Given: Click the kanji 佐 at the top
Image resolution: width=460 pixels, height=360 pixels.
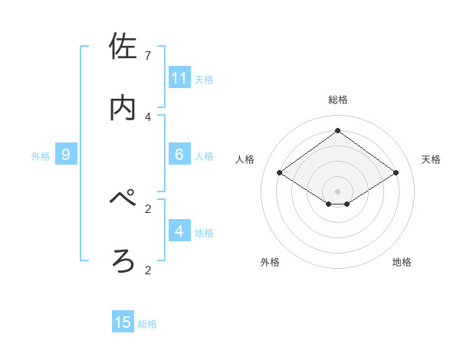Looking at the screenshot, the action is coord(123,47).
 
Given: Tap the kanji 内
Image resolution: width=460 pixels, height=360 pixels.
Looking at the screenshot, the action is coord(123,108).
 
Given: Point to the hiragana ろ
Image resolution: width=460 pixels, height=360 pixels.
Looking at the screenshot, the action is coord(123,261).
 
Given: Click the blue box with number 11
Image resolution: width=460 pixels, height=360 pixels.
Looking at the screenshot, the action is coord(179,78).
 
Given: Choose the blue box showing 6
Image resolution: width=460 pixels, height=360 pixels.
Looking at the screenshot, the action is coord(179,155).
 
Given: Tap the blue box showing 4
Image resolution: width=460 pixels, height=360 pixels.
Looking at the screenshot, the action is coord(179,231).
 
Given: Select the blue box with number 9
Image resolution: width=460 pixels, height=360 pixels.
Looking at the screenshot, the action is coord(66,155).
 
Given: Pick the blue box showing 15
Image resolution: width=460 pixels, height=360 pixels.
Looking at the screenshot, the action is coord(123,322).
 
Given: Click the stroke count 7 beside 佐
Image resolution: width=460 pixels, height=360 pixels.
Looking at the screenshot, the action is coord(148,56).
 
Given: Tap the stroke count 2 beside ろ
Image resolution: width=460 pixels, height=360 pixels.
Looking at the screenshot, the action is coord(148,270).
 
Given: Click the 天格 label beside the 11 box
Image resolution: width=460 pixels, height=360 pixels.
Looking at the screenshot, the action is coord(204,79).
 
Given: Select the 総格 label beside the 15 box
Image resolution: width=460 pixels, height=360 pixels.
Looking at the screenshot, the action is coord(147,324).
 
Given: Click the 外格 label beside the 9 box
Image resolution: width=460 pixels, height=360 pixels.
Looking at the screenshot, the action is coord(41,156).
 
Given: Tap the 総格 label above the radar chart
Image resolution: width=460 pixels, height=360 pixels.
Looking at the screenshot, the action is coord(338,100).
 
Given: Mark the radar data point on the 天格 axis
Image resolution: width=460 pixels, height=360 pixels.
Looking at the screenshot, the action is coord(396,173).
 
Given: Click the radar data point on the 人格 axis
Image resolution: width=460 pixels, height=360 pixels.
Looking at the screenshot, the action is coord(280,173).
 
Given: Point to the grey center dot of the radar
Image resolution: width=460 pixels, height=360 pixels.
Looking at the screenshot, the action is coord(338,191).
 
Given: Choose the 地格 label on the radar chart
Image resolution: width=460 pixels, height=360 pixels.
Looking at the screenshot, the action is coord(402,262).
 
